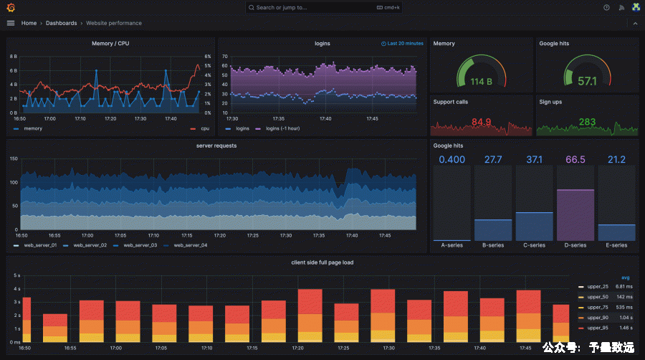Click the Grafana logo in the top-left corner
click(11, 7)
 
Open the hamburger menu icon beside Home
click(11, 23)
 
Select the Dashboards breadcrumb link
click(61, 23)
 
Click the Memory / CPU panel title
click(110, 44)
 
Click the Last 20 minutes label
click(405, 44)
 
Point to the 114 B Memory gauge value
click(481, 82)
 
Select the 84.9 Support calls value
click(482, 122)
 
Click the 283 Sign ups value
click(587, 122)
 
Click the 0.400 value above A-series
click(451, 159)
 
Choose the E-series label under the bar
click(616, 245)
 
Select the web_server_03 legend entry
click(140, 245)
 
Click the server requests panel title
click(216, 146)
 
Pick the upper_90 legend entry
click(598, 317)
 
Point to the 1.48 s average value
click(626, 328)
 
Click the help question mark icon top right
click(606, 8)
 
